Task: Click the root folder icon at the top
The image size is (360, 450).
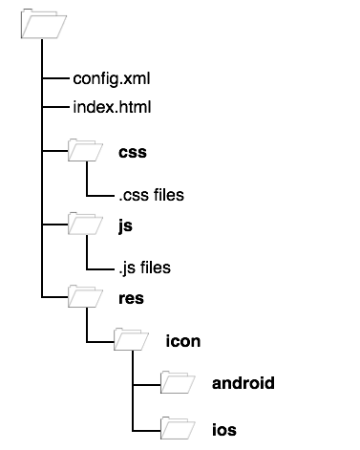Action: pyautogui.click(x=44, y=24)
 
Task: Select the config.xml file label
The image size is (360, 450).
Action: pyautogui.click(x=112, y=79)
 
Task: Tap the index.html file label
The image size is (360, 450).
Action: pyautogui.click(x=112, y=107)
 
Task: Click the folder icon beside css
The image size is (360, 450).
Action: pyautogui.click(x=85, y=150)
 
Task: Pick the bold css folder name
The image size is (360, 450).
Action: pyautogui.click(x=133, y=153)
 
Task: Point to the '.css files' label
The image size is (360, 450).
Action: pyautogui.click(x=151, y=195)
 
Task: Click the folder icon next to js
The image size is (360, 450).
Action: pyautogui.click(x=85, y=224)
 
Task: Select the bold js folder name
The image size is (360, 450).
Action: pyautogui.click(x=125, y=226)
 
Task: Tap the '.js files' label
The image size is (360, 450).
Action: pyautogui.click(x=145, y=268)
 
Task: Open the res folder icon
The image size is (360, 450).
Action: pyautogui.click(x=85, y=296)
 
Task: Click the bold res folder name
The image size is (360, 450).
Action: pyautogui.click(x=131, y=299)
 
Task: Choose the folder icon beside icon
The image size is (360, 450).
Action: pyautogui.click(x=131, y=339)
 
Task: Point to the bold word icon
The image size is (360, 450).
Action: pyautogui.click(x=183, y=341)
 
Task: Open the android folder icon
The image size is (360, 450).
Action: pyautogui.click(x=178, y=382)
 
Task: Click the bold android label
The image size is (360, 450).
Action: pyautogui.click(x=244, y=383)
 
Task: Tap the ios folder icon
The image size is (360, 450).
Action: pyautogui.click(x=178, y=428)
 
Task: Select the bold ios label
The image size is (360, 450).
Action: pyautogui.click(x=224, y=430)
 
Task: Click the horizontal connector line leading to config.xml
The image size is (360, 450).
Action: pyautogui.click(x=55, y=77)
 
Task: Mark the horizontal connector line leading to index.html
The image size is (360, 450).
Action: pyautogui.click(x=55, y=107)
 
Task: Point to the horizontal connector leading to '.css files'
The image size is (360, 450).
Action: pyautogui.click(x=100, y=196)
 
